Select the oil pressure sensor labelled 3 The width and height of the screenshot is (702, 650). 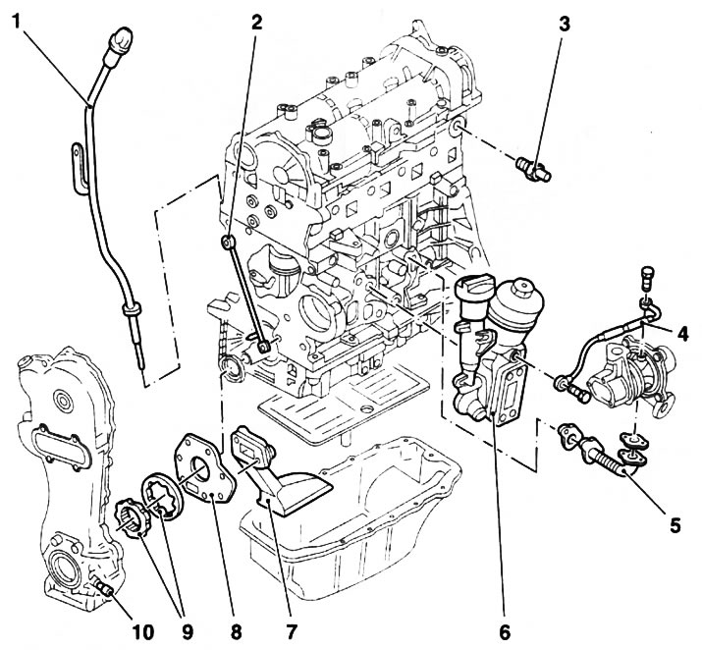[x=535, y=167]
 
